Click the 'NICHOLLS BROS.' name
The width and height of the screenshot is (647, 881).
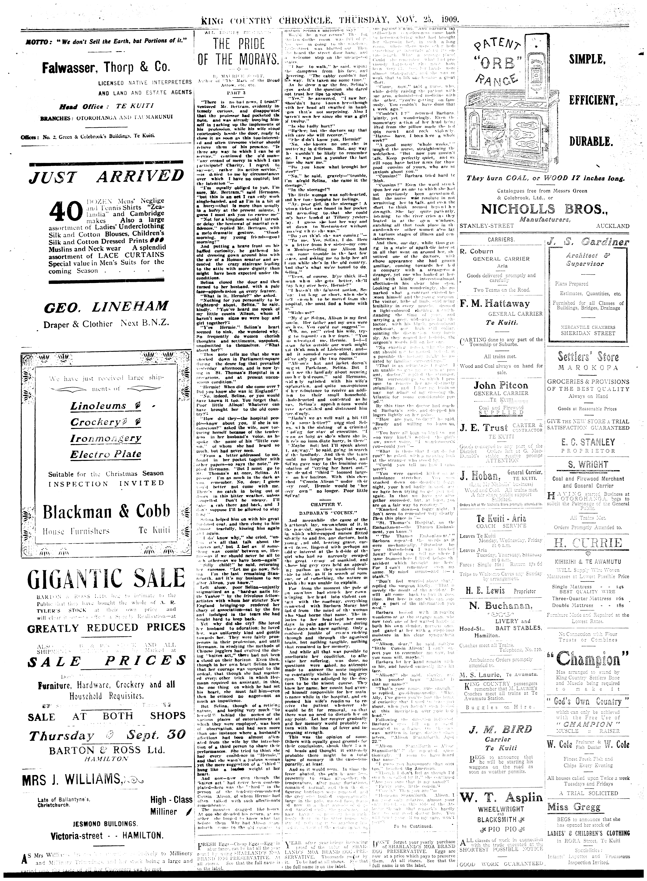pyautogui.click(x=544, y=209)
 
